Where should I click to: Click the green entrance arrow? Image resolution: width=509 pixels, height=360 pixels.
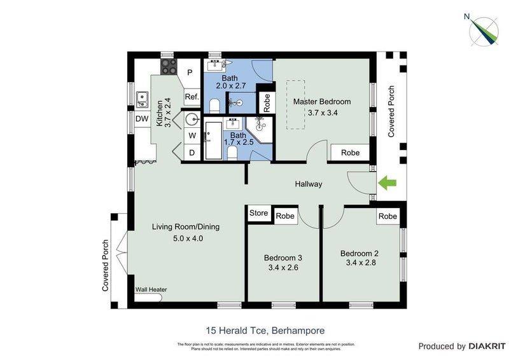point(387,184)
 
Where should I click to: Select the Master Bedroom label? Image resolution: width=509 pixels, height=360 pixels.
point(321,101)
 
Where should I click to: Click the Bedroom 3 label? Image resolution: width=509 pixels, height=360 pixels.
point(283,258)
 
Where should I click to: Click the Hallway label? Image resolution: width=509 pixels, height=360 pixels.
point(309,184)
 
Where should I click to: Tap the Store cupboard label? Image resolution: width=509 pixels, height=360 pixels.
point(259,213)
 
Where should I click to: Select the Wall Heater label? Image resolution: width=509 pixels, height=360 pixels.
point(151,289)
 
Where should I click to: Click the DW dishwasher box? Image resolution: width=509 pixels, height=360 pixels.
point(142,119)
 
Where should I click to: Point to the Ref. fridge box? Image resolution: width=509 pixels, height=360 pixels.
point(192,97)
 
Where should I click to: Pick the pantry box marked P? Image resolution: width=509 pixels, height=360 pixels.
point(190,73)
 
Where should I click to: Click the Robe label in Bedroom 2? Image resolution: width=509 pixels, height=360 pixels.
point(387,216)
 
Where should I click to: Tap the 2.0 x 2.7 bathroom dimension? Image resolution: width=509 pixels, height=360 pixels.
point(230,86)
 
